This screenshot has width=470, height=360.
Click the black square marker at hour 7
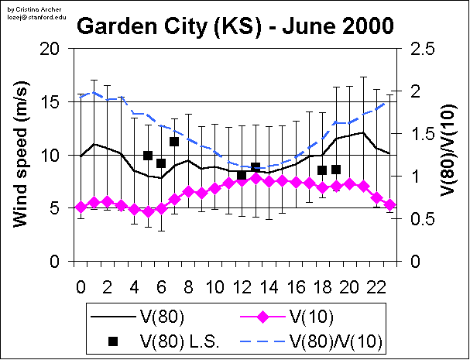point(174,142)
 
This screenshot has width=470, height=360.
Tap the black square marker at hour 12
point(242,176)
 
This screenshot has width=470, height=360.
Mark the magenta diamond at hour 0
point(81,207)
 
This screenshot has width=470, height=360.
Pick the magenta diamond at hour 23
point(389,205)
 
